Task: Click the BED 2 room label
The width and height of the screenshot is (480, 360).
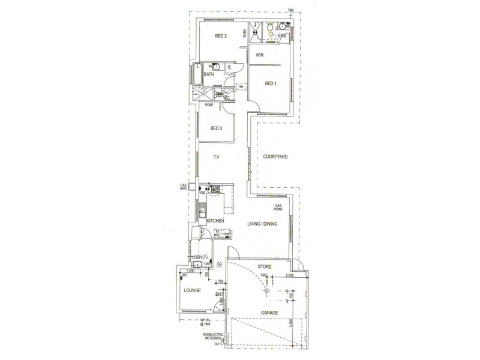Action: pyautogui.click(x=221, y=36)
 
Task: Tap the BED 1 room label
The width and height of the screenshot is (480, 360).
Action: pyautogui.click(x=270, y=83)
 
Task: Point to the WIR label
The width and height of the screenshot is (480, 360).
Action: pyautogui.click(x=260, y=55)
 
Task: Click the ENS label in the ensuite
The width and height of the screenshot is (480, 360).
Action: pyautogui.click(x=283, y=36)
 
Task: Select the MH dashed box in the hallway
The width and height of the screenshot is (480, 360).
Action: pyautogui.click(x=241, y=86)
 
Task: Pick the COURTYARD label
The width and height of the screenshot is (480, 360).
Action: pyautogui.click(x=275, y=157)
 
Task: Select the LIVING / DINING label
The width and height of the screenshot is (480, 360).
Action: pyautogui.click(x=262, y=224)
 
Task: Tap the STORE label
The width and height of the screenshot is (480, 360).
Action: pyautogui.click(x=265, y=266)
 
